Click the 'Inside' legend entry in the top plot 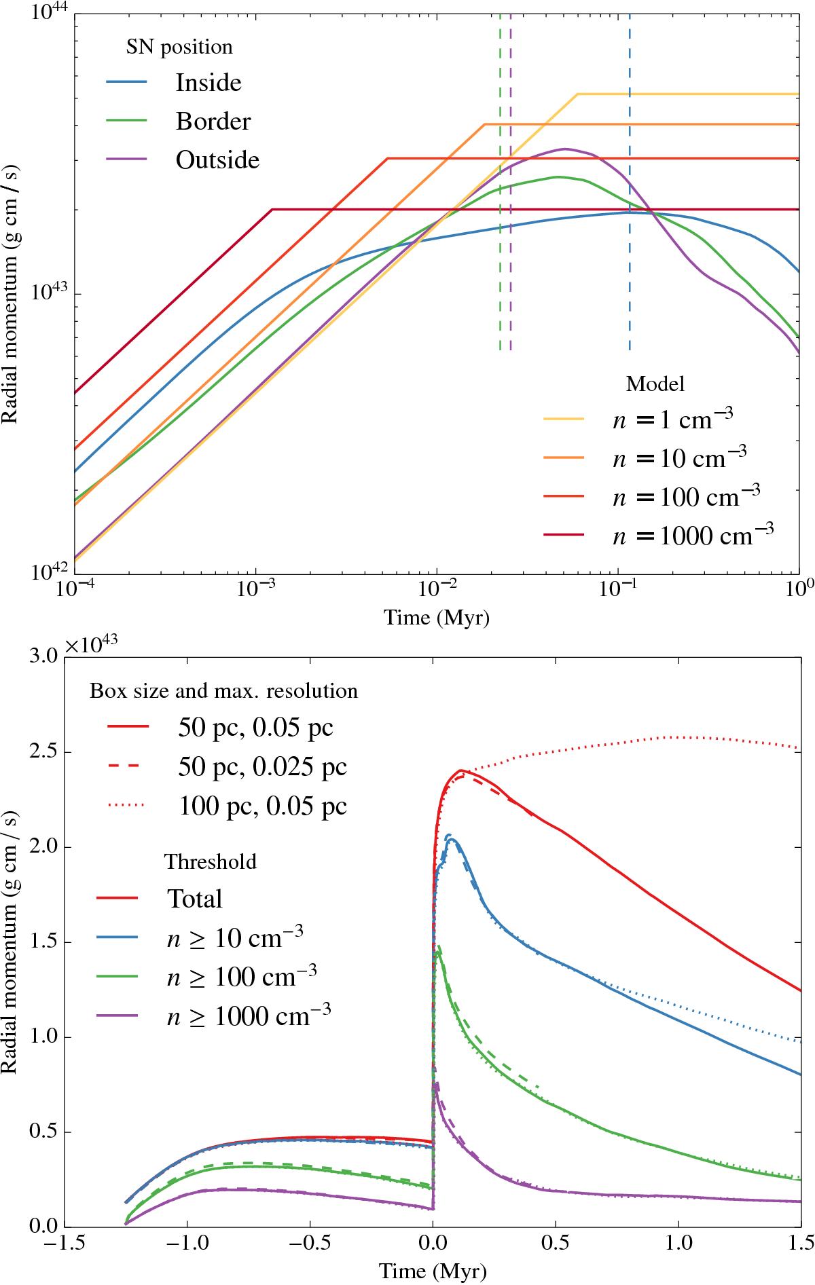209,83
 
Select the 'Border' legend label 213,122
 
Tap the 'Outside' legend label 217,160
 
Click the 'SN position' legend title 179,48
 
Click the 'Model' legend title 655,384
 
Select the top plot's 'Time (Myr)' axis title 436,618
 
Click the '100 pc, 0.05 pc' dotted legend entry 263,806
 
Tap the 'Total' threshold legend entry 195,898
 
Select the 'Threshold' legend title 211,861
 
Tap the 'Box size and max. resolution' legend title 223,690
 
